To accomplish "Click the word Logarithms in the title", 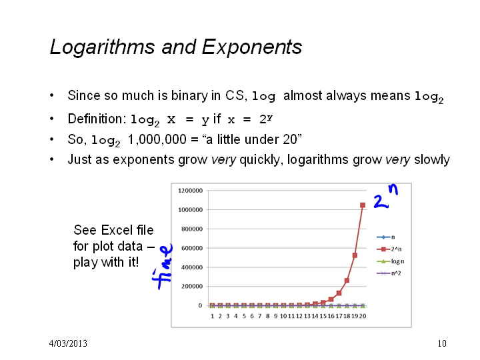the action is (103, 47).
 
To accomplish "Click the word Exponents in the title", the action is (252, 47).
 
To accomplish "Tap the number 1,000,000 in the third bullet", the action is (157, 139).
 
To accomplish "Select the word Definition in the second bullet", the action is (95, 119).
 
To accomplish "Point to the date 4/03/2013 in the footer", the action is (68, 343).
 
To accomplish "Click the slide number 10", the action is (442, 343).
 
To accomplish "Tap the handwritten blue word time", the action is (163, 267).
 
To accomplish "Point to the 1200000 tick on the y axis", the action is (190, 191).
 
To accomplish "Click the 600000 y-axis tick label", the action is (192, 248).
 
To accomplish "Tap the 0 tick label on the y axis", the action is (200, 305).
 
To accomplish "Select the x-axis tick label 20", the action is (363, 316).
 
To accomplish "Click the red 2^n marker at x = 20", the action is (363, 205).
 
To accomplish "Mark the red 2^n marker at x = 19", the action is (355, 255).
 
